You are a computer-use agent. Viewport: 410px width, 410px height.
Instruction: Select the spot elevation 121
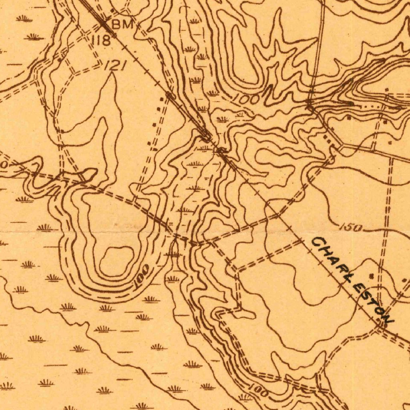(x=115, y=66)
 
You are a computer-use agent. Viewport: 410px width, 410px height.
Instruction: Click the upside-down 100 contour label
(x=142, y=276)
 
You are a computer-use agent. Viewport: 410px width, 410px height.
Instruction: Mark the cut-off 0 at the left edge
(x=3, y=165)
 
